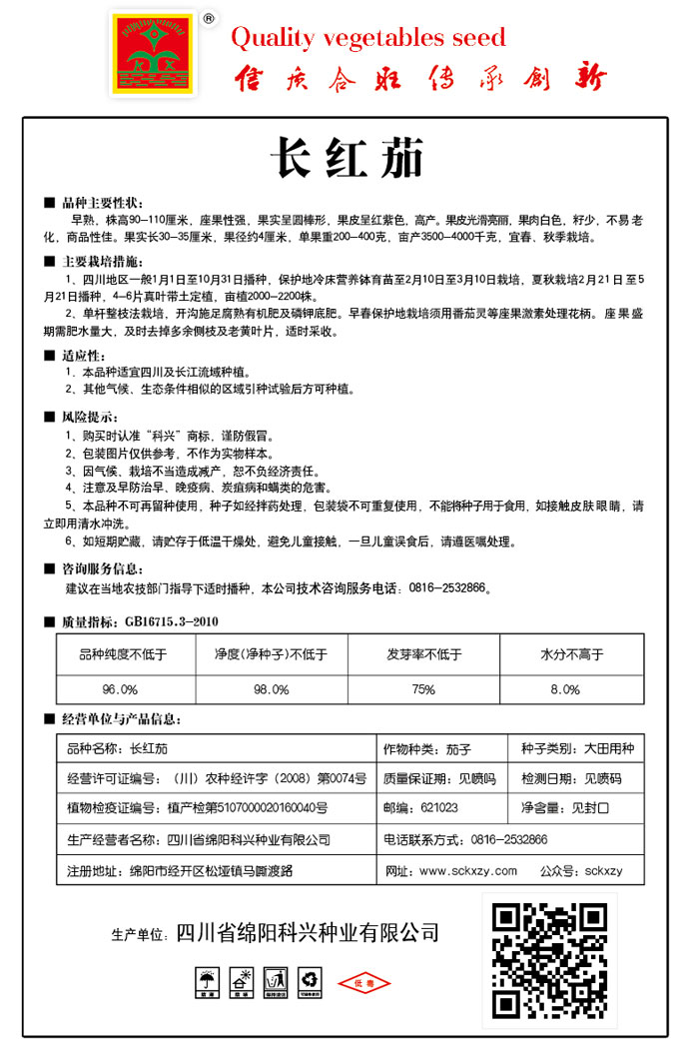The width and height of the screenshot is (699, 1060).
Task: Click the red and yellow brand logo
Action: coord(154,55)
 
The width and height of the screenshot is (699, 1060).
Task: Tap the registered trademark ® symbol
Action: coord(209,18)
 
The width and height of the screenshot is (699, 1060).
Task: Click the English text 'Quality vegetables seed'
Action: coord(368,39)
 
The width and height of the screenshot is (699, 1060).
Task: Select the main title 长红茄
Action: coord(347,159)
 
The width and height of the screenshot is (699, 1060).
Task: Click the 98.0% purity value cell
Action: coord(271,689)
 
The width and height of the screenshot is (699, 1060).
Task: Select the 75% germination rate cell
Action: coord(424,689)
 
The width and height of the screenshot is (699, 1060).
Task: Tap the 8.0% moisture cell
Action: coord(565,689)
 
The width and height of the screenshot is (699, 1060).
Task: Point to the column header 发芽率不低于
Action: coord(424,655)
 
